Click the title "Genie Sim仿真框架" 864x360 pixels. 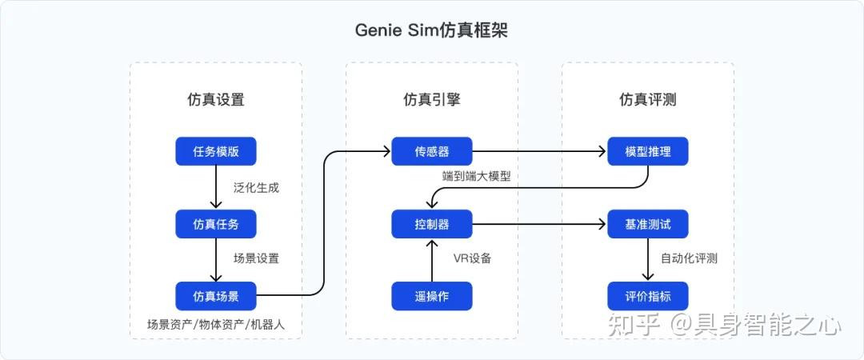(x=432, y=30)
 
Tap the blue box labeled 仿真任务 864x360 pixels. (x=216, y=224)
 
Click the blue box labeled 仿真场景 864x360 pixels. (x=216, y=296)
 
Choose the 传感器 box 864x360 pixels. (x=432, y=151)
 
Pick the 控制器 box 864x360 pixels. (x=432, y=224)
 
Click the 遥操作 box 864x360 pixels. (x=432, y=296)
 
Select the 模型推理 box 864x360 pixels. (x=648, y=151)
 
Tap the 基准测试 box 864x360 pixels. (x=648, y=224)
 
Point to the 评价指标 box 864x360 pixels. (x=648, y=296)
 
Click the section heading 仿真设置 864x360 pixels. (x=216, y=100)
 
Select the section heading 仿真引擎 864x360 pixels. (x=432, y=100)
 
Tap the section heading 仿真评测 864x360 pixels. (x=648, y=100)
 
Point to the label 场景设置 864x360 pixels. (x=257, y=259)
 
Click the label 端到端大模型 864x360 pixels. (x=476, y=176)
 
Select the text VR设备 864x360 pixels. (x=473, y=258)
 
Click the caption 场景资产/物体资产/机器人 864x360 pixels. (x=215, y=325)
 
